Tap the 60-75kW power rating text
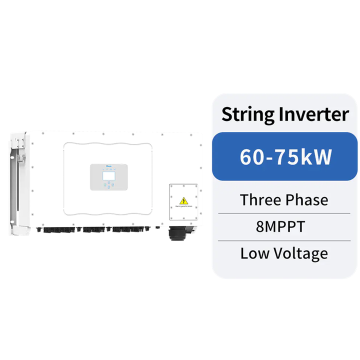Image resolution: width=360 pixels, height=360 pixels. point(285,157)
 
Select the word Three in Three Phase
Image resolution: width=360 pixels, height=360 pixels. point(260,200)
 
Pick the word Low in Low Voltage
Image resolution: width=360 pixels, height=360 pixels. point(252,253)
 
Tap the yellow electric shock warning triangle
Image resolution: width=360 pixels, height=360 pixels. point(183,198)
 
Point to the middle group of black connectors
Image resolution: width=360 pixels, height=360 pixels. point(93,230)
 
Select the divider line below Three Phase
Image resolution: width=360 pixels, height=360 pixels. point(284,213)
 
